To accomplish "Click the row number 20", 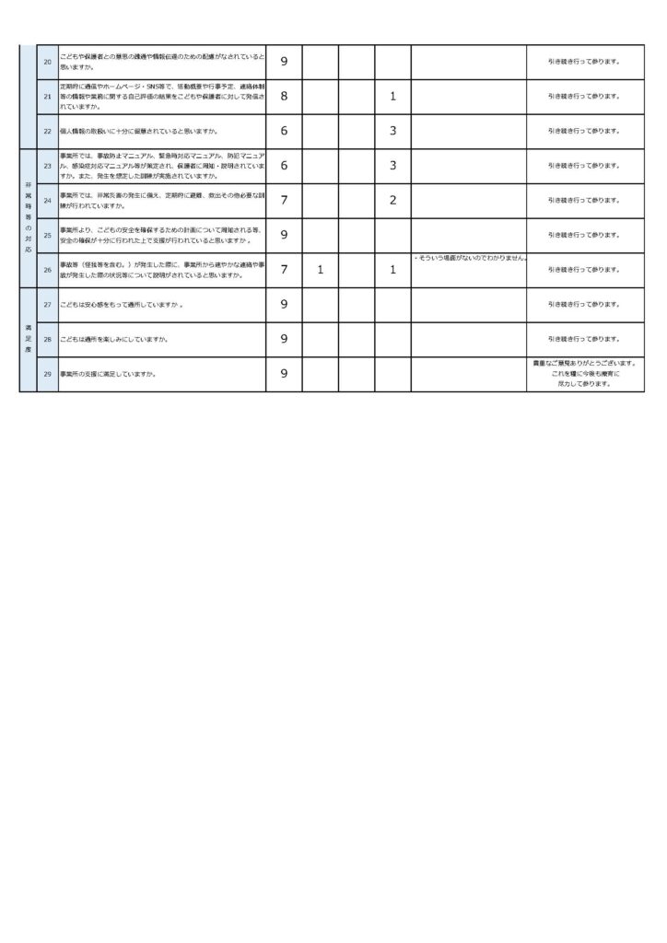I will coord(47,62).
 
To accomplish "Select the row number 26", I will coord(47,270).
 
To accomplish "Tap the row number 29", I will coord(47,374).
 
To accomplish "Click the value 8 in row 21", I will coord(284,96).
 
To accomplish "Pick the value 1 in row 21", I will coord(392,96).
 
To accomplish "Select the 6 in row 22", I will coord(284,131).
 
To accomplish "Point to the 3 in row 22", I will coord(392,131).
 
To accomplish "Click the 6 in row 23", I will coord(284,166).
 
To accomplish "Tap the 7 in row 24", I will coord(284,200).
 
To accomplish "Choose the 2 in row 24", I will coord(392,200).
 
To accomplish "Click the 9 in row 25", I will coord(284,235).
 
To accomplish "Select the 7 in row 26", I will coord(284,270).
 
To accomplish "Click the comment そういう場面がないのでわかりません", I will coord(469,258).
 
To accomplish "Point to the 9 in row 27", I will coord(284,305).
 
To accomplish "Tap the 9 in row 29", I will coord(284,374).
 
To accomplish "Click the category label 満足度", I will coord(28,339).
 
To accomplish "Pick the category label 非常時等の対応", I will coord(28,217).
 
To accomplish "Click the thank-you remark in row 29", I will coord(585,374).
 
